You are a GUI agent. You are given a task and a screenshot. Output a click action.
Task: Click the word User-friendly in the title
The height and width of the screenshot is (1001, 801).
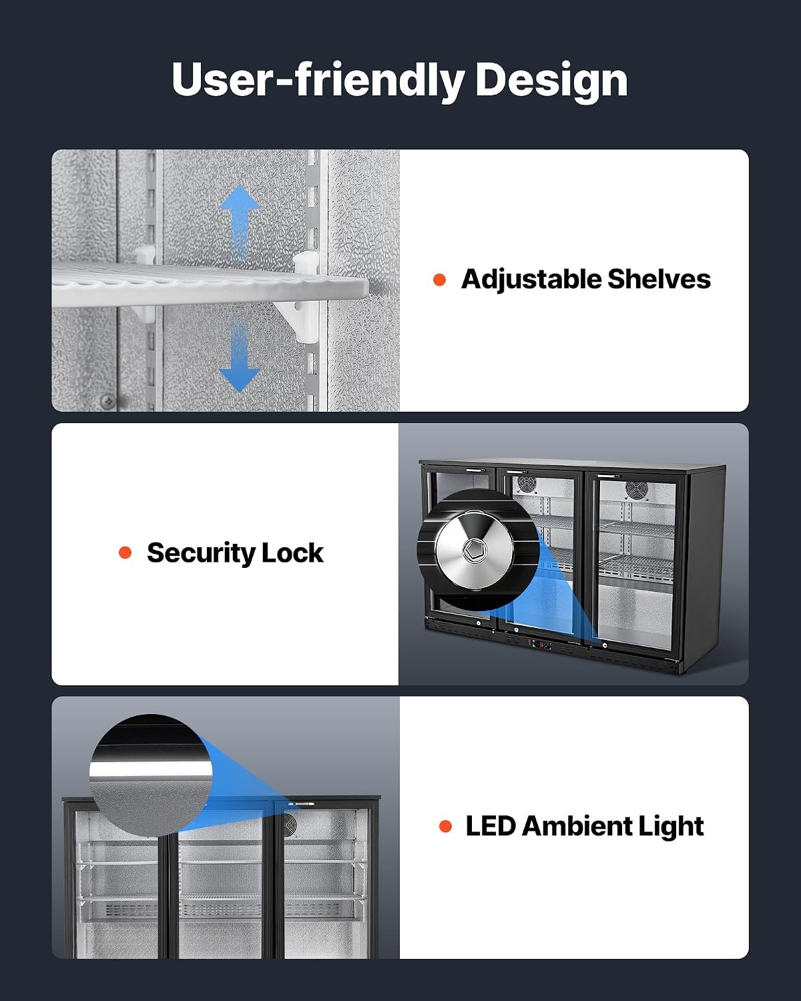click(318, 80)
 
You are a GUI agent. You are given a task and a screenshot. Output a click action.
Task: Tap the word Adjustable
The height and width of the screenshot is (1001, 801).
click(531, 280)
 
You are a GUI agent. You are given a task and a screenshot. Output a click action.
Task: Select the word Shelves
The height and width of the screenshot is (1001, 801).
click(659, 279)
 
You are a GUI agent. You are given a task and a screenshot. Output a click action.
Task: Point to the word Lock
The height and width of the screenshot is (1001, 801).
click(292, 553)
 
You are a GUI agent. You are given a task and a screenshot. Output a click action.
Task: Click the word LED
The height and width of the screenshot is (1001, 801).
click(491, 826)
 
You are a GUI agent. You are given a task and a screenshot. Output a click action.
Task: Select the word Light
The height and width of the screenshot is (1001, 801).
click(670, 827)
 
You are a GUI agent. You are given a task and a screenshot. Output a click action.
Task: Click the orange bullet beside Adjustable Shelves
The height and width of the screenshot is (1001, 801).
click(439, 280)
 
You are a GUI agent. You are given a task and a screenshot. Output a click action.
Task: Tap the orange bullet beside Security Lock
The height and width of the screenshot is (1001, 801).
click(125, 553)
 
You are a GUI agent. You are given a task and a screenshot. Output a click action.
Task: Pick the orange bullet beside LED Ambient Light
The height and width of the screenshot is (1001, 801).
click(445, 826)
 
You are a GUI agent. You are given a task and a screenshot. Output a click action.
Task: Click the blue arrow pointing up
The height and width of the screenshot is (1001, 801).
click(239, 224)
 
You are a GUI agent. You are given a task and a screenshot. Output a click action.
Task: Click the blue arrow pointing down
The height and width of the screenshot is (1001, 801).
click(239, 354)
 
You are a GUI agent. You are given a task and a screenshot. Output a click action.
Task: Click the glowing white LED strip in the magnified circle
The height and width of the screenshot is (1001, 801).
click(151, 769)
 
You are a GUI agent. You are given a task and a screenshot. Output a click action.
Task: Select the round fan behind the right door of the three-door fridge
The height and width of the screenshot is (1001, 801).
click(636, 489)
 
